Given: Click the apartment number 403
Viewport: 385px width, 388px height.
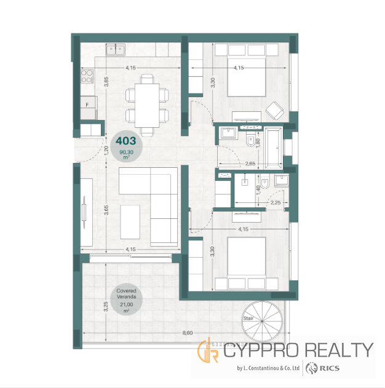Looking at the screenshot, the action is [x=126, y=141].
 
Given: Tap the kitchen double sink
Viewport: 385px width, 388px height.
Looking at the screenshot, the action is [x=116, y=49].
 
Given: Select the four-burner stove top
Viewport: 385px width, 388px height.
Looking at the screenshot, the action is [x=87, y=76].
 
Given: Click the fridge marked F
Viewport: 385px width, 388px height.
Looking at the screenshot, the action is [x=89, y=108].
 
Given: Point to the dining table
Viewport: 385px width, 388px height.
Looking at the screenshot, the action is [x=147, y=106].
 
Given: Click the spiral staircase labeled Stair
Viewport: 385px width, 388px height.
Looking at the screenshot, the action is [x=262, y=321].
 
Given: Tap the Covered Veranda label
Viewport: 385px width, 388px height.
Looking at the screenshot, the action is [x=126, y=294].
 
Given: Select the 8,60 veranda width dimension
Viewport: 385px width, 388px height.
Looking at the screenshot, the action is [x=188, y=333].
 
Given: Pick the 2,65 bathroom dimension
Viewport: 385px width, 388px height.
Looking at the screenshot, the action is [x=250, y=164].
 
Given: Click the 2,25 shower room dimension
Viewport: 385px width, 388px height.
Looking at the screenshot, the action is [x=276, y=203].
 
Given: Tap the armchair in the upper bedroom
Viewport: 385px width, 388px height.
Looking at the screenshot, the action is [x=275, y=111].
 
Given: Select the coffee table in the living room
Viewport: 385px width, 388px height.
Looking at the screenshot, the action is [x=130, y=222].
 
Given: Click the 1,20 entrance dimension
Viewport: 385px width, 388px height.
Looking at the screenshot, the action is [x=106, y=151].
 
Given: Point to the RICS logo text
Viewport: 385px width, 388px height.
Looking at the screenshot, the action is [x=329, y=368].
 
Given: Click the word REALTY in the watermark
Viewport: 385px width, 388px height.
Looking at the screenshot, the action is [x=339, y=350].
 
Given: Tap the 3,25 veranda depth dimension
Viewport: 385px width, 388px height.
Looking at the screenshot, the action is [x=106, y=307].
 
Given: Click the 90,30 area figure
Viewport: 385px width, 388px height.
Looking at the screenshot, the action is [x=126, y=152].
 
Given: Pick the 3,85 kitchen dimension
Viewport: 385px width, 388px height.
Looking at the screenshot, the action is [x=106, y=82].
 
